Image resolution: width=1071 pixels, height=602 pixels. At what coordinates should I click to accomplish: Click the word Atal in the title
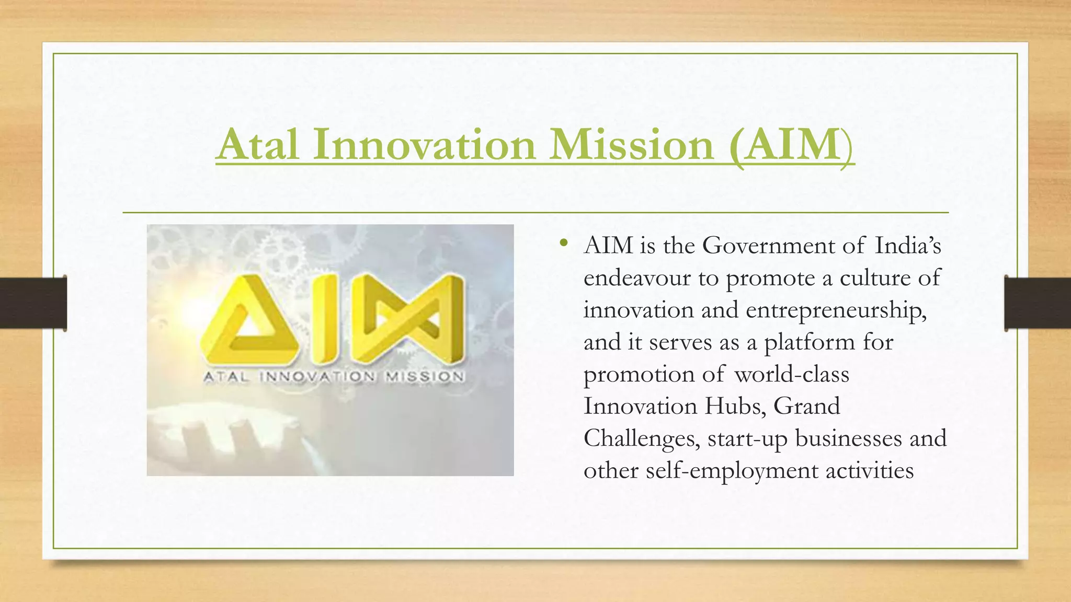[x=258, y=145]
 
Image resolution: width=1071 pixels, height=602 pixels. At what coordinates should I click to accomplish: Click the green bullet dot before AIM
[x=563, y=243]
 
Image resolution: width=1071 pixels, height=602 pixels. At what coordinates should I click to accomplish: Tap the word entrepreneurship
[x=835, y=310]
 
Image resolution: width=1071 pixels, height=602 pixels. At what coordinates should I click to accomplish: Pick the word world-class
[x=791, y=375]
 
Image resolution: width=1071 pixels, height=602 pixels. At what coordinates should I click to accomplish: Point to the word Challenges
[x=642, y=439]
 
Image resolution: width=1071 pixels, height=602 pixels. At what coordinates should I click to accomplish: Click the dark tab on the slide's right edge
[x=1038, y=303]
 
